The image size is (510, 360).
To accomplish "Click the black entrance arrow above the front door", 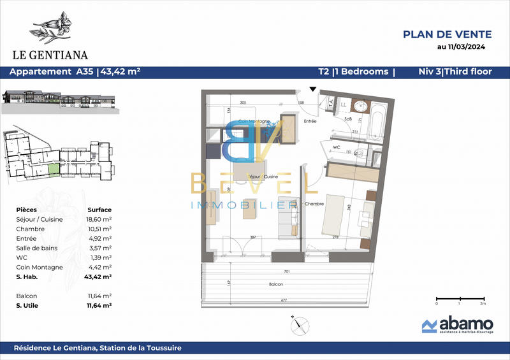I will click(x=312, y=90).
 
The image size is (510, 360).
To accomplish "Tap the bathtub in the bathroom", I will click(x=375, y=120).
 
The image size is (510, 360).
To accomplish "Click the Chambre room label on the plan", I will click(x=314, y=204).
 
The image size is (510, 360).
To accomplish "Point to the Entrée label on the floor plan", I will click(x=310, y=120).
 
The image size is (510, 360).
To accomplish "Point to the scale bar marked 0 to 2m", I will click(x=459, y=298).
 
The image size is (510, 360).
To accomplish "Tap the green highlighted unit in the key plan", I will click(x=54, y=169).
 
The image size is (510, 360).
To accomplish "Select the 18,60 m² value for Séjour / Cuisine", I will click(x=99, y=218).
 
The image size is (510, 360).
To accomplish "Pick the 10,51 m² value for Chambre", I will click(x=99, y=227).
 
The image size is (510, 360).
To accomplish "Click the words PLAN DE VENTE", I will click(x=448, y=34).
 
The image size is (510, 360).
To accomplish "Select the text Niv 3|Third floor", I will click(x=455, y=71).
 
